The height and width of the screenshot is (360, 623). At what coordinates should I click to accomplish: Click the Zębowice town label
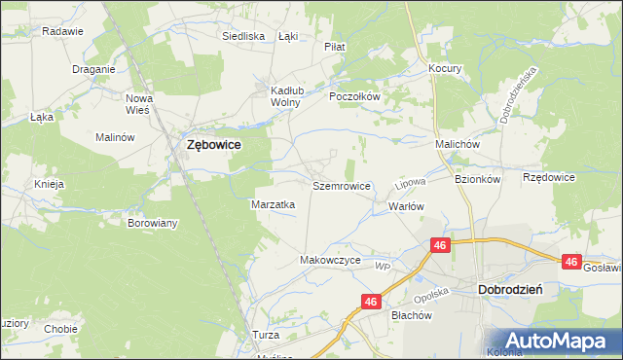(213, 144)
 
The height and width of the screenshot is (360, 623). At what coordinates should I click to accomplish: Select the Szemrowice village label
(342, 185)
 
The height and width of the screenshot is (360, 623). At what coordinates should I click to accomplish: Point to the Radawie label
(62, 31)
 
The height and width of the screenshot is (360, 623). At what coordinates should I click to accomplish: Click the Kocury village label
(445, 69)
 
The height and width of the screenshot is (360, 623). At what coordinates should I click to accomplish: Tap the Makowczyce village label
(331, 261)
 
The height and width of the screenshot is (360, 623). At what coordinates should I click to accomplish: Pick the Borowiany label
(153, 223)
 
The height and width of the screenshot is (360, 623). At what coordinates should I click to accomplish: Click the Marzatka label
(274, 204)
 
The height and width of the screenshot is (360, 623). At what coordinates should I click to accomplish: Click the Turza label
(266, 335)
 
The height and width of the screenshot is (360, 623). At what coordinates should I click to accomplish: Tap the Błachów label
(411, 315)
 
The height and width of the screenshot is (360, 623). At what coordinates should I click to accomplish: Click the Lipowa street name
(405, 183)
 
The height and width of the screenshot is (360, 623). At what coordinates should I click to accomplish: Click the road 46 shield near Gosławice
(571, 262)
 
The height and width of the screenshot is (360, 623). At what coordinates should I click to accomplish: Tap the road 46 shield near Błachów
(371, 303)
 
